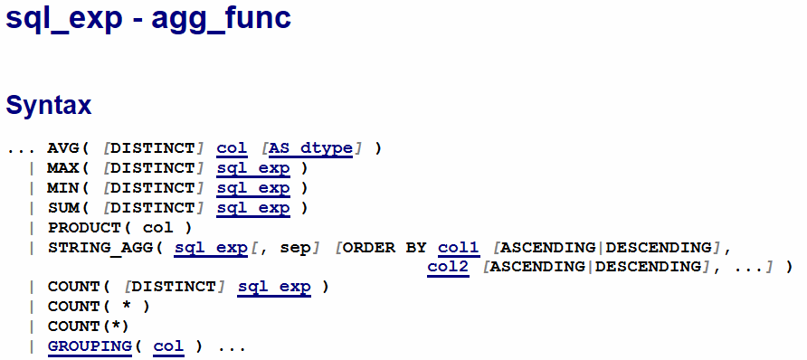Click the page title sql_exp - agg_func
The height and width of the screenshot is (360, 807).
click(x=148, y=18)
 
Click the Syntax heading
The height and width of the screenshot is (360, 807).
click(x=48, y=106)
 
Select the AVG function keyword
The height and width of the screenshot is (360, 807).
click(x=63, y=149)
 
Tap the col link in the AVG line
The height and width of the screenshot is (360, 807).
click(x=232, y=149)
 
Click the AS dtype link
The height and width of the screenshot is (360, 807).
click(x=311, y=149)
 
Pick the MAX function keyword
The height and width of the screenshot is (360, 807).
click(x=63, y=168)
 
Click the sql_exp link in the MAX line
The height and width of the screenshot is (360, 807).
click(x=253, y=168)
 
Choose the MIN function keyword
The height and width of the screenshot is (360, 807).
click(x=63, y=188)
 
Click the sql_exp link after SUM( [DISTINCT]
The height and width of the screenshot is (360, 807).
click(x=253, y=208)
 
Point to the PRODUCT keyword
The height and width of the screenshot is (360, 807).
click(x=84, y=228)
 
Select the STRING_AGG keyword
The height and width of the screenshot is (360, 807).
click(x=100, y=248)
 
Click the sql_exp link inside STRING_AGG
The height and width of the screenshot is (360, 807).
click(x=211, y=248)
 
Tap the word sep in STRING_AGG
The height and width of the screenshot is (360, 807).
click(x=296, y=249)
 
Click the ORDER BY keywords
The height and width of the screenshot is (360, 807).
click(x=385, y=248)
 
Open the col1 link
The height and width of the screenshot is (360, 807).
click(x=459, y=248)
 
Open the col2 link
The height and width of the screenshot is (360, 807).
click(x=448, y=268)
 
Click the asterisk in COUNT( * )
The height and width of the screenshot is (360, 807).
click(x=127, y=306)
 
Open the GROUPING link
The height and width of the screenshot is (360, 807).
click(x=90, y=346)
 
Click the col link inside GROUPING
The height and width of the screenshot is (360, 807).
click(x=168, y=346)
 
